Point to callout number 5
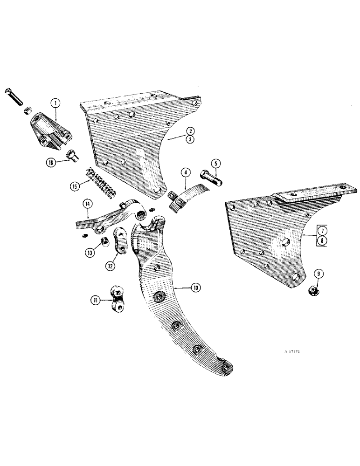pyautogui.click(x=215, y=164)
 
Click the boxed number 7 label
pyautogui.click(x=320, y=230)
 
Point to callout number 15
pyautogui.click(x=75, y=185)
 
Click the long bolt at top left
pyautogui.click(x=14, y=96)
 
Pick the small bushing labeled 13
pyautogui.click(x=105, y=242)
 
